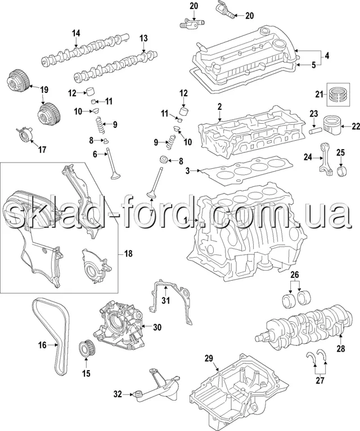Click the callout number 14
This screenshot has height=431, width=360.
(76, 33)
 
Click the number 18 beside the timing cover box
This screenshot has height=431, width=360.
(128, 254)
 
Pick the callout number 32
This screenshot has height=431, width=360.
(117, 394)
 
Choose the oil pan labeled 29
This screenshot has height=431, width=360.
(236, 388)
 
